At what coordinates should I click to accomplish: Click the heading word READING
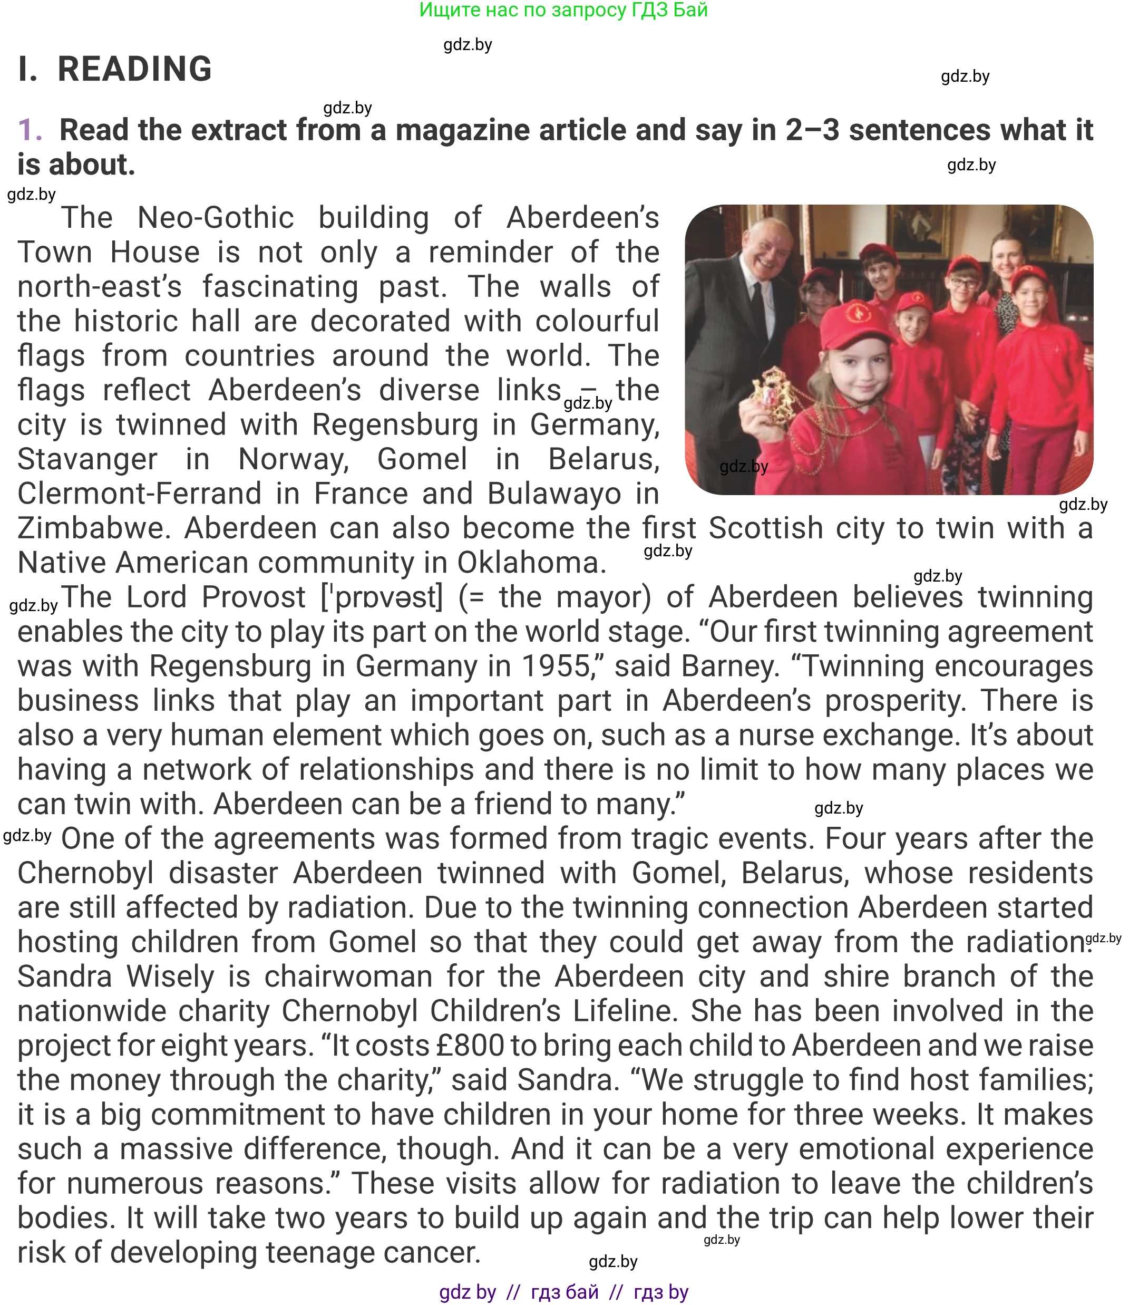134,69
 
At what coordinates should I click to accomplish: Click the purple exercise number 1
29,130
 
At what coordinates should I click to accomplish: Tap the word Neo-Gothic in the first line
216,218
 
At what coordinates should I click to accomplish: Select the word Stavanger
87,459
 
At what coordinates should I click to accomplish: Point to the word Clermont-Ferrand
139,494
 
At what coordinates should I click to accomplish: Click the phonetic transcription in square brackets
382,597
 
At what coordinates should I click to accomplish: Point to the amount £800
471,1046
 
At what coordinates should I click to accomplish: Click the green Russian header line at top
563,10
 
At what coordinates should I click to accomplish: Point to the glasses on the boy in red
961,284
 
